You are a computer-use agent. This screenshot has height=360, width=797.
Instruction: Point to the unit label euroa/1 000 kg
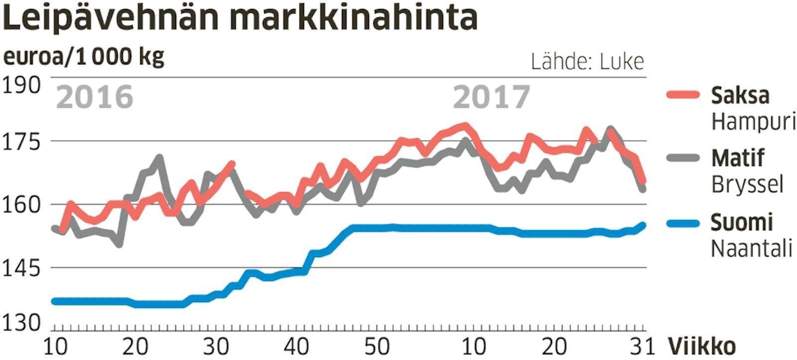(84, 57)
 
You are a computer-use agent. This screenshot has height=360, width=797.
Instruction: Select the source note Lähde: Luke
(587, 62)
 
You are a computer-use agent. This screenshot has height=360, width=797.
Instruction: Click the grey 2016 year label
(95, 98)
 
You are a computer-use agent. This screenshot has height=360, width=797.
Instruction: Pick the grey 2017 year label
(492, 98)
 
